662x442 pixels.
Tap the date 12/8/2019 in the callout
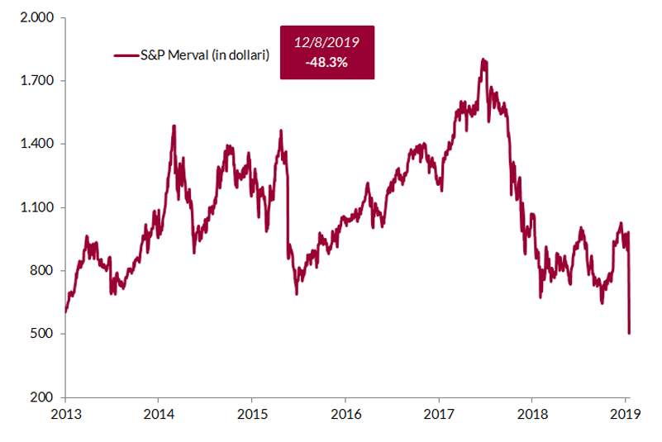327,41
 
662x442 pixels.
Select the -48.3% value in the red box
327,62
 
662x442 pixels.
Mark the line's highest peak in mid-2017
483,59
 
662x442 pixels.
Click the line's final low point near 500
629,333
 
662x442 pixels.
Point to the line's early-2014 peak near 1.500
174,126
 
